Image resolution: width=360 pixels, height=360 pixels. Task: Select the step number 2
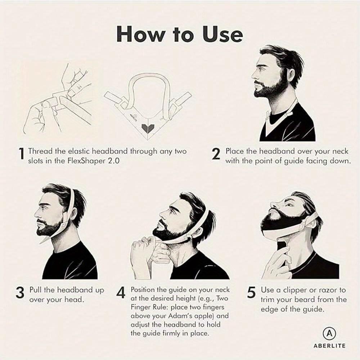tap(216, 155)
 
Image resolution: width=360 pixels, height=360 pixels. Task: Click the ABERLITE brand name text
tap(329, 346)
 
